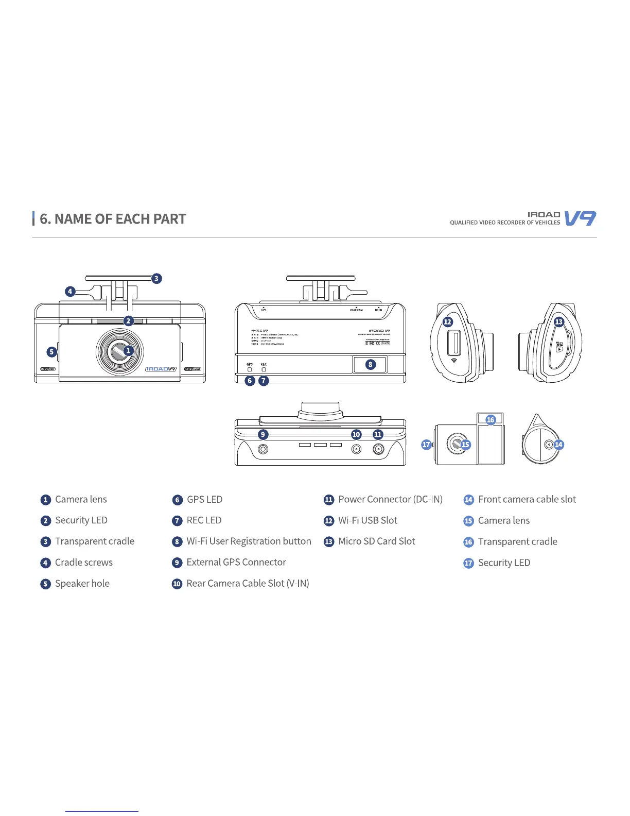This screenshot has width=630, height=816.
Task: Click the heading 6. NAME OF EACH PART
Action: point(113,219)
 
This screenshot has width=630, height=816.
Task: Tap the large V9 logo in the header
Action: point(580,218)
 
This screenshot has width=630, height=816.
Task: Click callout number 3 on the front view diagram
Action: point(156,279)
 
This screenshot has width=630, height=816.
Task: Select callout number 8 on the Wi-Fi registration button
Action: point(370,364)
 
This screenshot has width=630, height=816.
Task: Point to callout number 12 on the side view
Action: point(448,322)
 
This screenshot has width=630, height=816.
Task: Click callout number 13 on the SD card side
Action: point(559,322)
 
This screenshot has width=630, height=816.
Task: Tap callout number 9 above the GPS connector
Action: point(263,434)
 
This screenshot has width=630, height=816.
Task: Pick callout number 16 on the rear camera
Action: point(491,420)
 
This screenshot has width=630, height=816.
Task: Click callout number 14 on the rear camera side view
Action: point(558,445)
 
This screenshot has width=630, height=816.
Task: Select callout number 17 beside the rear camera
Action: point(426,445)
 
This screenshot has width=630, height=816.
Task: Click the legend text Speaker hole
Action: point(82,584)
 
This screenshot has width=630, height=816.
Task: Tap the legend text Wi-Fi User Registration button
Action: point(249,541)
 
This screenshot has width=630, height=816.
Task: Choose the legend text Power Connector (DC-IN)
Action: point(390,499)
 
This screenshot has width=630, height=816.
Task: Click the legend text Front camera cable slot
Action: point(527,499)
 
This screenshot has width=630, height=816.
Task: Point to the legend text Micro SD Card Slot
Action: point(376,541)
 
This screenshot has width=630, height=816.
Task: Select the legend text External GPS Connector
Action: point(236,563)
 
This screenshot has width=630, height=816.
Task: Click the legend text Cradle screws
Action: point(84,563)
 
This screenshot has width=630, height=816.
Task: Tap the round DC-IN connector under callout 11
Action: point(378,450)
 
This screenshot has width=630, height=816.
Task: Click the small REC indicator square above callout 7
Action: point(264,369)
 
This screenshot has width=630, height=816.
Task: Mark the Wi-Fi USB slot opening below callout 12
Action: point(453,344)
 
